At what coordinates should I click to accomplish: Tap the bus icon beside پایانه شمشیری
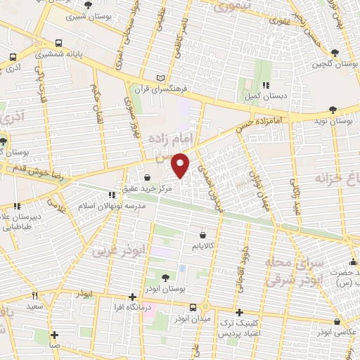[x=14, y=58]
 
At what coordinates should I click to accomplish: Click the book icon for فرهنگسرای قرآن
[x=163, y=77]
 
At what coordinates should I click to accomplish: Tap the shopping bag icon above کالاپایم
[x=202, y=235]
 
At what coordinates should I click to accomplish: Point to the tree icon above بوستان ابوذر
[x=165, y=278]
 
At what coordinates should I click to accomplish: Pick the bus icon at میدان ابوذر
[x=193, y=308]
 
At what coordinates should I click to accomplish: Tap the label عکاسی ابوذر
[x=334, y=331]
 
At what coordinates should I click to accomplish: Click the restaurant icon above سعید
[x=34, y=296]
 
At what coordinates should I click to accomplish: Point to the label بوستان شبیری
[x=88, y=15]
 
